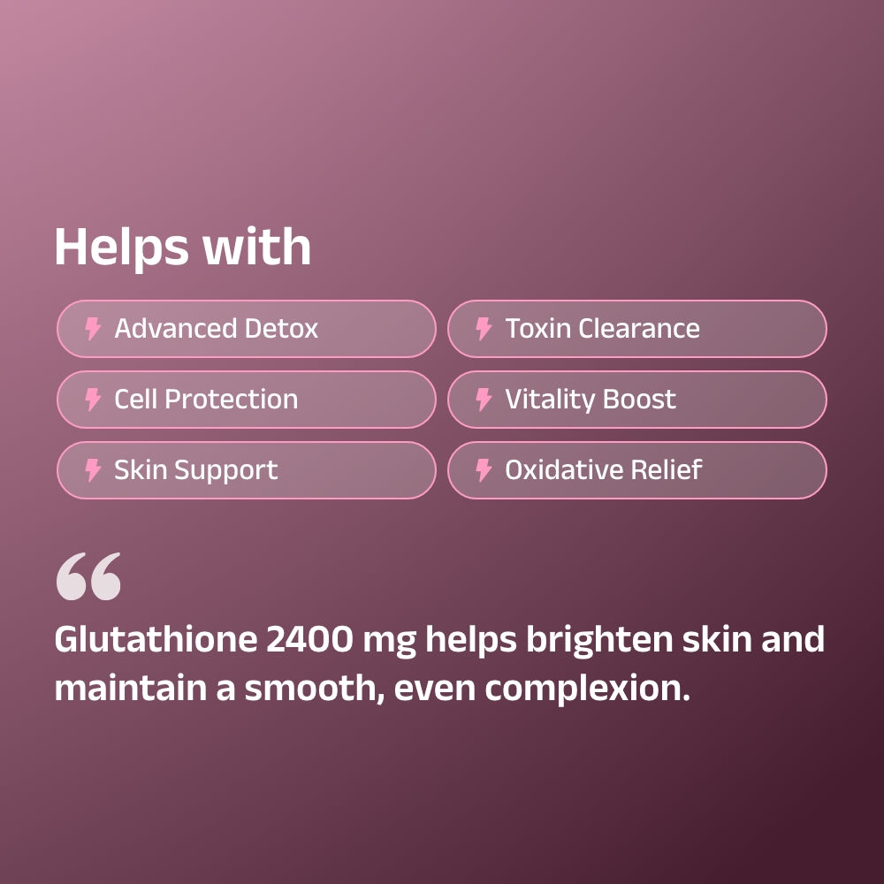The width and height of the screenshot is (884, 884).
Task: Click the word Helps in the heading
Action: pos(120,247)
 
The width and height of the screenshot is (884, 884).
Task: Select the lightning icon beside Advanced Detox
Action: pos(93,329)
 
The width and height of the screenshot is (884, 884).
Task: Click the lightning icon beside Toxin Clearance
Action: pos(484,329)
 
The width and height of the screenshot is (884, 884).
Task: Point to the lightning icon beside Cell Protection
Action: pos(93,400)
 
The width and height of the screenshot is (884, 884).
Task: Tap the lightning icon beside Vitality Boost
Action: pos(484,400)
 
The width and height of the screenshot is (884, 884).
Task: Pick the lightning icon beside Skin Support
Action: pos(93,470)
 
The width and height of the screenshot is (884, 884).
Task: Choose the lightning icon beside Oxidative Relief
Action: pos(484,470)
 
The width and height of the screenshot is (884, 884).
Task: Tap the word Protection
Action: pos(232,400)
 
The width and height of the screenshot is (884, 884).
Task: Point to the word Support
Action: pos(228,471)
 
